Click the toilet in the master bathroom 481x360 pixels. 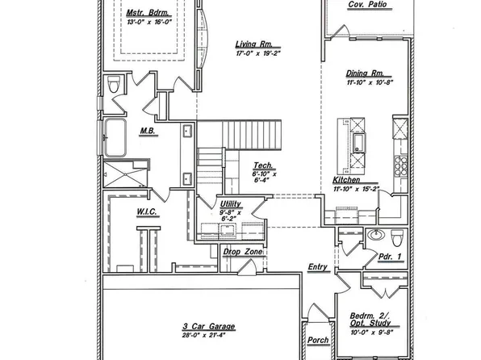[114, 84]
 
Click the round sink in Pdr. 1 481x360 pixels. [374, 236]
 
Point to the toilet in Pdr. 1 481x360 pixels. [396, 238]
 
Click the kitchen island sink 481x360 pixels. [357, 144]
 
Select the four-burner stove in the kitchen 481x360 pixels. [398, 165]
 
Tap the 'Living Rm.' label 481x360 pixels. [253, 44]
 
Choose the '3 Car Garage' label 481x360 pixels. [207, 326]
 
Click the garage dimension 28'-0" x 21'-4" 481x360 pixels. [207, 335]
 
